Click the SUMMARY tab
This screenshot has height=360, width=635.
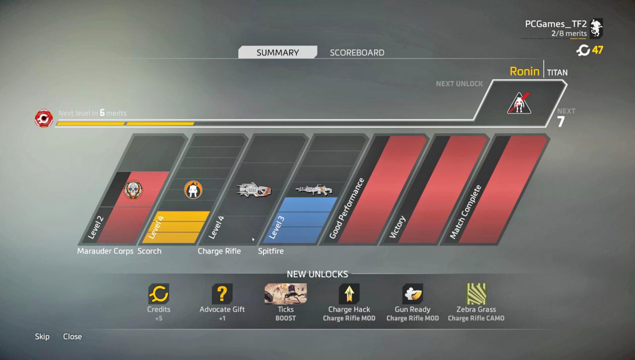tap(277, 52)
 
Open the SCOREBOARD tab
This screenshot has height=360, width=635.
tap(357, 53)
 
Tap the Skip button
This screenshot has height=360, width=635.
tap(42, 337)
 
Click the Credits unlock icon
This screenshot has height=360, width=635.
tap(159, 294)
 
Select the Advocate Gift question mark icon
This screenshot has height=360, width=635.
tap(222, 294)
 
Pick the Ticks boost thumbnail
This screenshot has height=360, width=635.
tap(285, 294)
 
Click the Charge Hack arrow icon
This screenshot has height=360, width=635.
tap(349, 294)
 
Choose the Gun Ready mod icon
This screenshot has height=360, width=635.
tap(413, 294)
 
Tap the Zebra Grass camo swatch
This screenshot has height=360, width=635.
tap(476, 294)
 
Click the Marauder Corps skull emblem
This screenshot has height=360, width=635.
tap(133, 189)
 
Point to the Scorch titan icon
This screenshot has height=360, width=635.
tap(193, 189)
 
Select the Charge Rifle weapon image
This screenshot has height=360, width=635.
tap(254, 189)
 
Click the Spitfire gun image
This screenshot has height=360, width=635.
tap(314, 189)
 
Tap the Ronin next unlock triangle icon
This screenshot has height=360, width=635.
tap(519, 103)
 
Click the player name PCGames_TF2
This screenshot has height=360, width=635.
tap(556, 24)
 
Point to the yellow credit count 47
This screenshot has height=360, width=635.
tap(597, 50)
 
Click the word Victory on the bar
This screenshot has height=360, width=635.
tap(397, 227)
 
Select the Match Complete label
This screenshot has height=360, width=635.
tap(465, 212)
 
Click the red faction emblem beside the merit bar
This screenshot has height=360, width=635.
tap(44, 118)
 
